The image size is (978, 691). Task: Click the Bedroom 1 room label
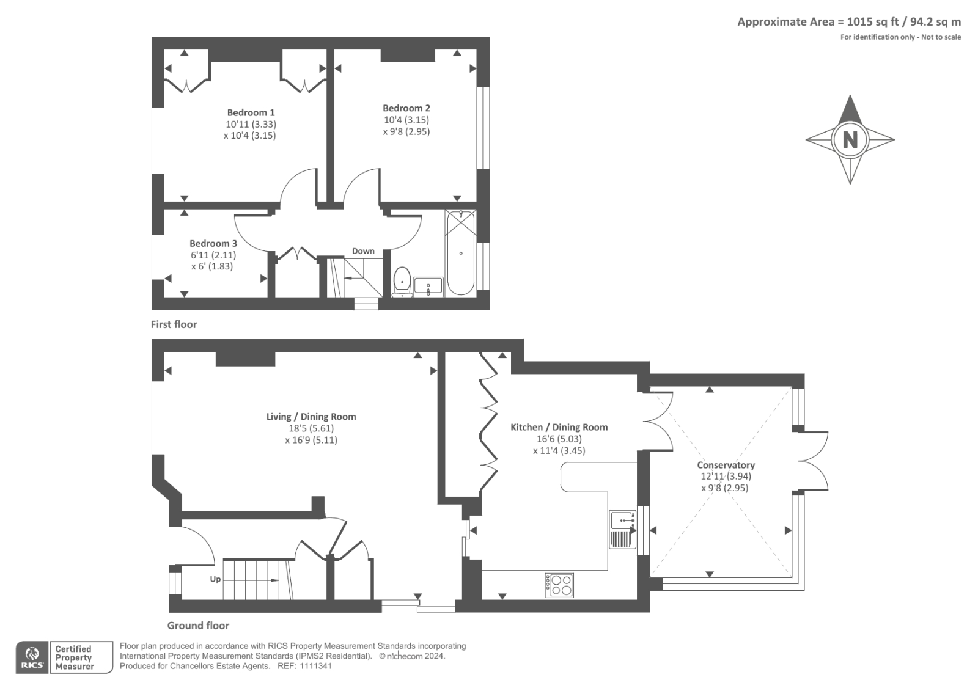[x=251, y=112]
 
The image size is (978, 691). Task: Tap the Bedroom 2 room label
[x=406, y=108]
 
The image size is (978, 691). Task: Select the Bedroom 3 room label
[x=213, y=244]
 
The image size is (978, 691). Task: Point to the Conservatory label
[x=726, y=465]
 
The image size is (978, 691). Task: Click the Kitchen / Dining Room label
[x=559, y=427]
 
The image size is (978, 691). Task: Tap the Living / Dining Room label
[x=311, y=417]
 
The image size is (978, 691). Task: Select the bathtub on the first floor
[x=461, y=253]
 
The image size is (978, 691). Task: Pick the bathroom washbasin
[x=428, y=287]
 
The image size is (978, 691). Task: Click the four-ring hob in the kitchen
[x=559, y=585]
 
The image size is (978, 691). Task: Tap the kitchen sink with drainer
[x=623, y=529]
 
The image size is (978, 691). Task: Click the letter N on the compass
[x=850, y=140]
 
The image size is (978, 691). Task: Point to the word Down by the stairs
[x=363, y=251]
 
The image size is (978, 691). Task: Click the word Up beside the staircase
[x=215, y=579]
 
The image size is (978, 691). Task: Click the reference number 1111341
[x=315, y=666]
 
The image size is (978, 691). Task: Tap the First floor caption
[x=174, y=324]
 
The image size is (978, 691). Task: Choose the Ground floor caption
[x=198, y=626]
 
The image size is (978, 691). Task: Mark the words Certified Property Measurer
[x=74, y=657]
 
